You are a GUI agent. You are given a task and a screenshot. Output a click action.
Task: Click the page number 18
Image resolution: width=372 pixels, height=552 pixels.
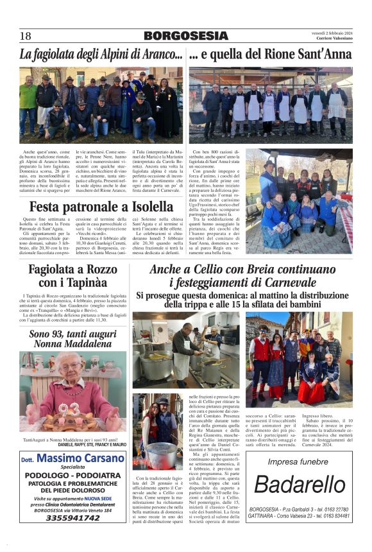(x=25, y=36)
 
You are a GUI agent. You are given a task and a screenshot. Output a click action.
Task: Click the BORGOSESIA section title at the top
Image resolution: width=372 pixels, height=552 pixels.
(x=186, y=36)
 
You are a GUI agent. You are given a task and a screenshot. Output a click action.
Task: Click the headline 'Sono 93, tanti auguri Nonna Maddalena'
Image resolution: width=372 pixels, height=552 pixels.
(x=72, y=340)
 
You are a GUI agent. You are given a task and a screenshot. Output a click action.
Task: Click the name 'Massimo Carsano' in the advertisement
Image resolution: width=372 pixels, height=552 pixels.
(x=80, y=459)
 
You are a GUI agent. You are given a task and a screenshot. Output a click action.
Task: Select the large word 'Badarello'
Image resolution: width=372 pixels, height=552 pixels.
(x=300, y=484)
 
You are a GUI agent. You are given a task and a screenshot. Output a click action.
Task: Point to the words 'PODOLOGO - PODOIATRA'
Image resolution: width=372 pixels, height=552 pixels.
(x=72, y=475)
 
